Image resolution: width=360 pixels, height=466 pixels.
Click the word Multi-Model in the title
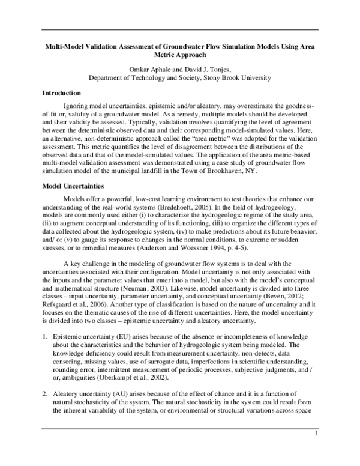(67, 46)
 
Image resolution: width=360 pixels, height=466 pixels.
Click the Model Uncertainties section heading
(75, 187)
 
